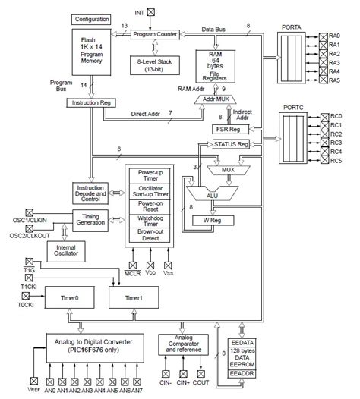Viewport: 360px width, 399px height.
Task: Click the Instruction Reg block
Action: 91,102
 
